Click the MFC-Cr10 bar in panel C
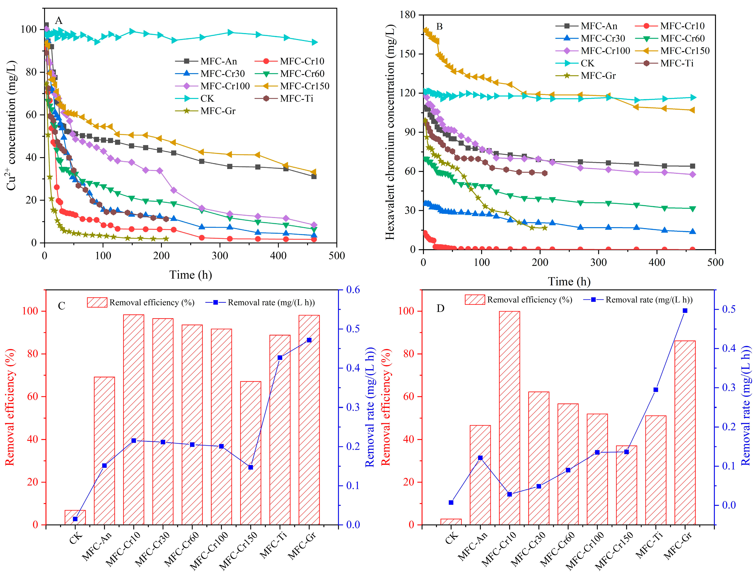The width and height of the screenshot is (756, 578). pos(134,420)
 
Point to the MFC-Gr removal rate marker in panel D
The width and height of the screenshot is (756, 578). pos(685,311)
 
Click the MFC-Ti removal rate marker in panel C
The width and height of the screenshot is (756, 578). pos(280,358)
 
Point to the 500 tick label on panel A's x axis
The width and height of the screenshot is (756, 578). pos(337,256)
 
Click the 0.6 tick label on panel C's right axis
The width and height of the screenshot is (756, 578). pos(352,290)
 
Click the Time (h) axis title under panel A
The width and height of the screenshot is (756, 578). pos(190,275)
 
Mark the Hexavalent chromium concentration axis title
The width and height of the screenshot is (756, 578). pos(390,132)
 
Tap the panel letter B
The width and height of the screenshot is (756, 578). pos(439,26)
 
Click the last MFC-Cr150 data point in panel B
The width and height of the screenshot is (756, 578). pos(693,110)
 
